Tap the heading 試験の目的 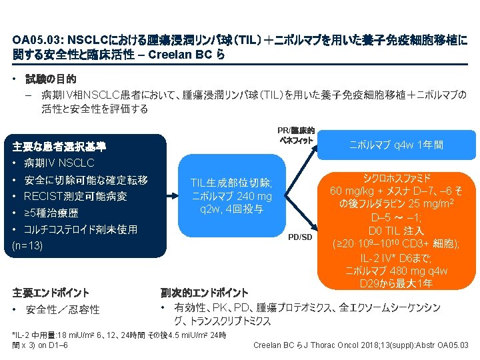(x=52, y=79)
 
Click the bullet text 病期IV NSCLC (x=59, y=163)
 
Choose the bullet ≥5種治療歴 (x=51, y=213)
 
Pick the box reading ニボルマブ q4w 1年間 (x=397, y=145)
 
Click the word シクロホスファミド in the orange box (x=397, y=177)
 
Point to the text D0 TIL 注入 (x=397, y=230)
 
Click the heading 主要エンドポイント (x=51, y=292)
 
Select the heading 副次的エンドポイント (x=204, y=292)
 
